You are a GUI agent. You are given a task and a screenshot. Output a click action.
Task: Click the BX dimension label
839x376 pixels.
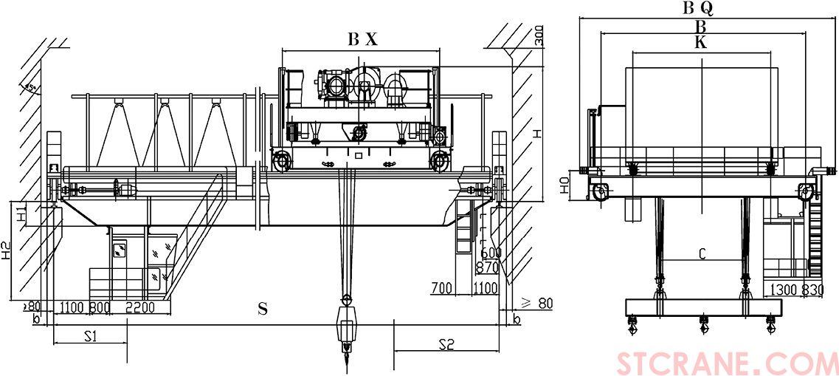coord(362,41)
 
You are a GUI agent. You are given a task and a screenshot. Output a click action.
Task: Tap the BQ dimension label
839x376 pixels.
coord(697,8)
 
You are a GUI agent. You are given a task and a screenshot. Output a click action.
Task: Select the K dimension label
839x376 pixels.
coord(700,43)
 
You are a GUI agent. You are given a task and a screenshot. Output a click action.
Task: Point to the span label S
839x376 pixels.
coord(262,310)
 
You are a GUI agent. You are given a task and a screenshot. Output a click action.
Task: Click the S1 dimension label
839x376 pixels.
coord(90,337)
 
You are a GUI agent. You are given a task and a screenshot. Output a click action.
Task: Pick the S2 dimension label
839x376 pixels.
coord(446,343)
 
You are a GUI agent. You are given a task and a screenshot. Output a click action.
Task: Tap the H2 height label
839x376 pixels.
coord(6,251)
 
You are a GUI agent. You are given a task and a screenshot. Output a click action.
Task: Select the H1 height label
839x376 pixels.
coord(21,214)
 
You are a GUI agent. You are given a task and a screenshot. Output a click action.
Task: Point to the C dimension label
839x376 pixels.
coord(702,254)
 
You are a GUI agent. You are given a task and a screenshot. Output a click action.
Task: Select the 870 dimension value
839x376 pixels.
coord(488,267)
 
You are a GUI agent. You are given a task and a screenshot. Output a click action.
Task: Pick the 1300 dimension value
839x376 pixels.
coord(784,290)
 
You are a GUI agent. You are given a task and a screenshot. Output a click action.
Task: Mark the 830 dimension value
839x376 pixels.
coord(812,290)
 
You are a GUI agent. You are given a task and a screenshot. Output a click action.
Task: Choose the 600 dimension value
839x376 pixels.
coord(491,253)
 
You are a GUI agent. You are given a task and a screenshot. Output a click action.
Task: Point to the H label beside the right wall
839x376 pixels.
coord(537,134)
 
